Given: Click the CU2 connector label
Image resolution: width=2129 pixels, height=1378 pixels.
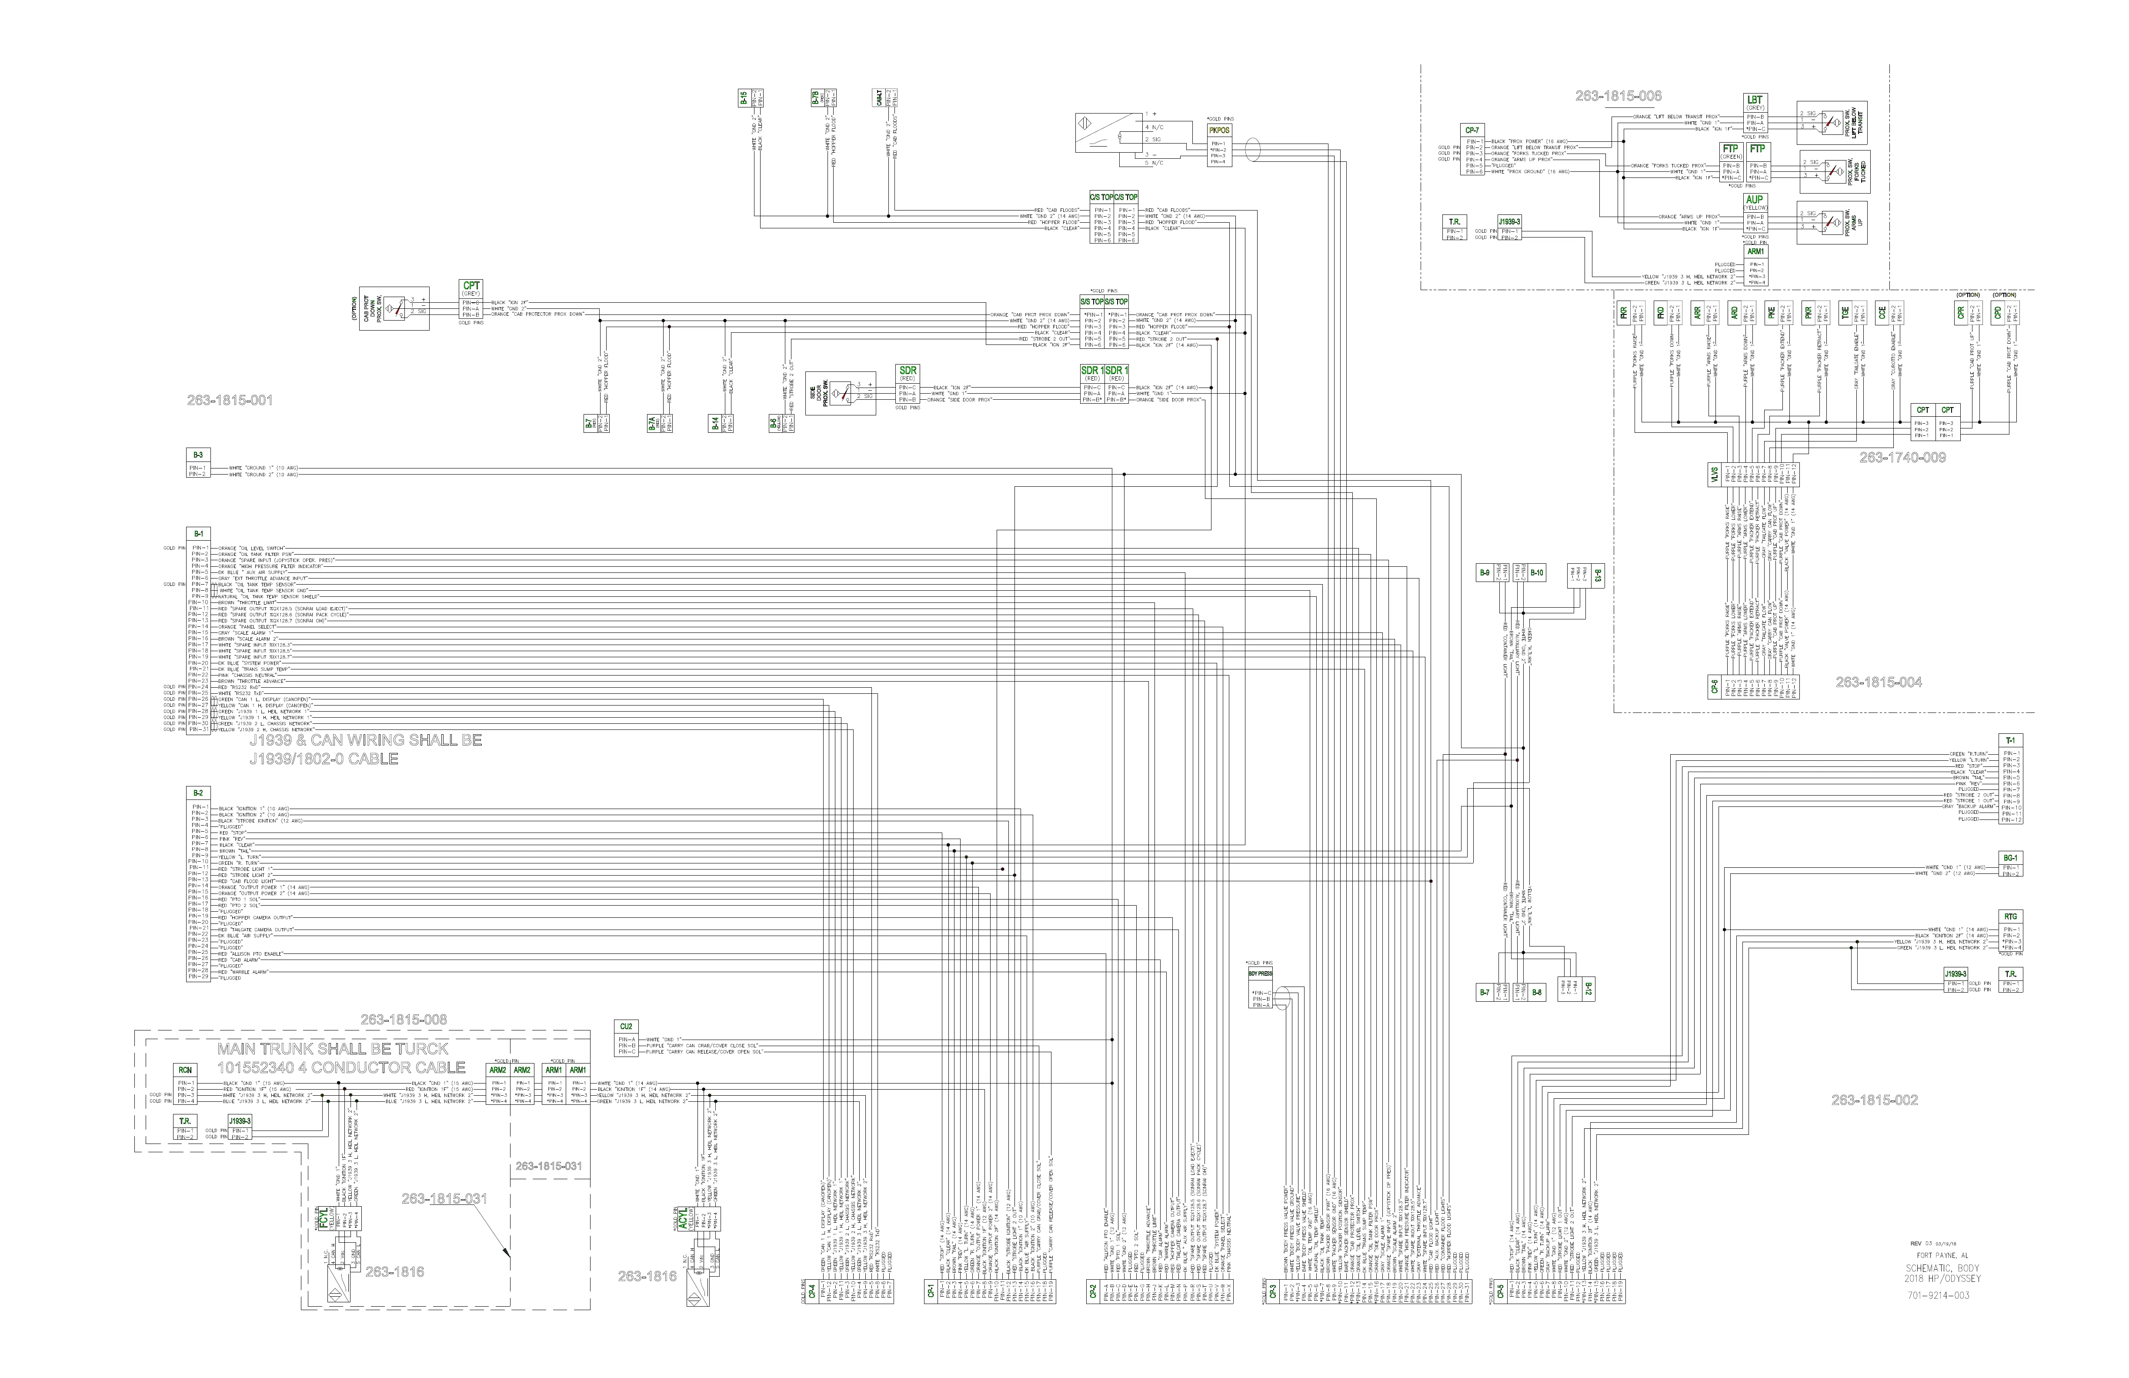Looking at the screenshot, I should (626, 1027).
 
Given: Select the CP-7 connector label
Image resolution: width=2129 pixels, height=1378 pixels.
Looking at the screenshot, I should (1472, 130).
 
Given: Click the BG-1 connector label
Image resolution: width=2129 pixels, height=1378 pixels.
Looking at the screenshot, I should (2010, 857).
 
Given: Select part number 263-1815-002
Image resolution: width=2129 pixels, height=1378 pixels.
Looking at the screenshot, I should (1874, 1100).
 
